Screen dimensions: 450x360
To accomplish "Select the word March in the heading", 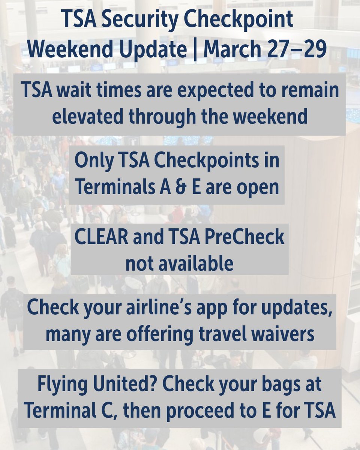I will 233,49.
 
